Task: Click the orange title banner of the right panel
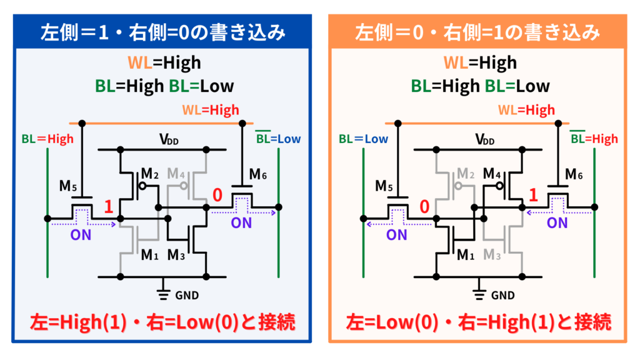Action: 478,32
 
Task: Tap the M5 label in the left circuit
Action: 69,185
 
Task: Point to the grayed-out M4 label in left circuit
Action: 177,174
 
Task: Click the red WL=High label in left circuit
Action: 211,110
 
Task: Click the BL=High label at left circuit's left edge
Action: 47,139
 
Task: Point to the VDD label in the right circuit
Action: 484,139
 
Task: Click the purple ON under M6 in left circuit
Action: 241,222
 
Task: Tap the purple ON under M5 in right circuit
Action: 396,234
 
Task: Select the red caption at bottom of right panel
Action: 479,322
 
